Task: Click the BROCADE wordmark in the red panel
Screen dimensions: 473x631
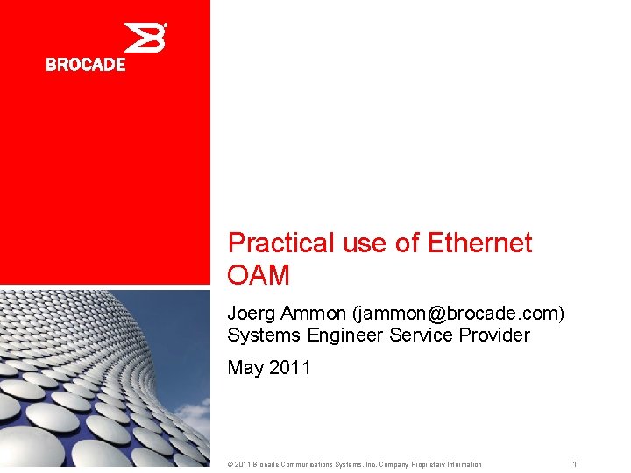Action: coord(86,64)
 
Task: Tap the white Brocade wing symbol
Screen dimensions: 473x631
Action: coord(145,38)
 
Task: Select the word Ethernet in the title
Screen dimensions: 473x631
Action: coord(479,244)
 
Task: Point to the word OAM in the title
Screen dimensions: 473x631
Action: coord(259,276)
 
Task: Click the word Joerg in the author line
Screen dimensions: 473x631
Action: coord(248,313)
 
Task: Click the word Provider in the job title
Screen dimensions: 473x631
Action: coord(493,335)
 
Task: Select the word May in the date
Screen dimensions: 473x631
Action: coord(245,368)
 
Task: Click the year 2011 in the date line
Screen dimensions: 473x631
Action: coord(289,368)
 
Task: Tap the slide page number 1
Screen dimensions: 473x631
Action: coord(574,464)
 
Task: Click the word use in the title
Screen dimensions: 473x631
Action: coord(365,244)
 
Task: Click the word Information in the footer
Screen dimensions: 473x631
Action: coord(462,464)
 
